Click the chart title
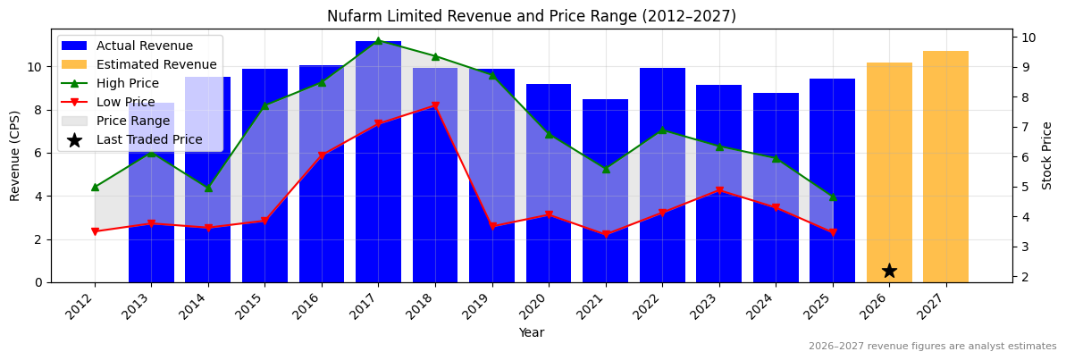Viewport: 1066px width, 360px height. click(532, 16)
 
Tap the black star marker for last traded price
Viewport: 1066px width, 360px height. click(889, 271)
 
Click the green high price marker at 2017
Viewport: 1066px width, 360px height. click(378, 41)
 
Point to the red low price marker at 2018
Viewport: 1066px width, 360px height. click(435, 105)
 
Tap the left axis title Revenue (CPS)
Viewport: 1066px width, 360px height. click(15, 155)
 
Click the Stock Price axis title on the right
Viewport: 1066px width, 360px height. click(1047, 155)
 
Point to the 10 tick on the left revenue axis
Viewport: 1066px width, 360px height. click(36, 67)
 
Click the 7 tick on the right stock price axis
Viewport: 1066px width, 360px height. click(1022, 127)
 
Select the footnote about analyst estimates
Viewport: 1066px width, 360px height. click(932, 347)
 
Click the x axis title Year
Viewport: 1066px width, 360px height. click(532, 333)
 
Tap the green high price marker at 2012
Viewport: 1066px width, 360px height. click(95, 187)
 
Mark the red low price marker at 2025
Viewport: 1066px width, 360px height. click(833, 232)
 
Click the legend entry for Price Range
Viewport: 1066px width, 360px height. click(133, 121)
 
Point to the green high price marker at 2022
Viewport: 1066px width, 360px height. click(662, 130)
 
